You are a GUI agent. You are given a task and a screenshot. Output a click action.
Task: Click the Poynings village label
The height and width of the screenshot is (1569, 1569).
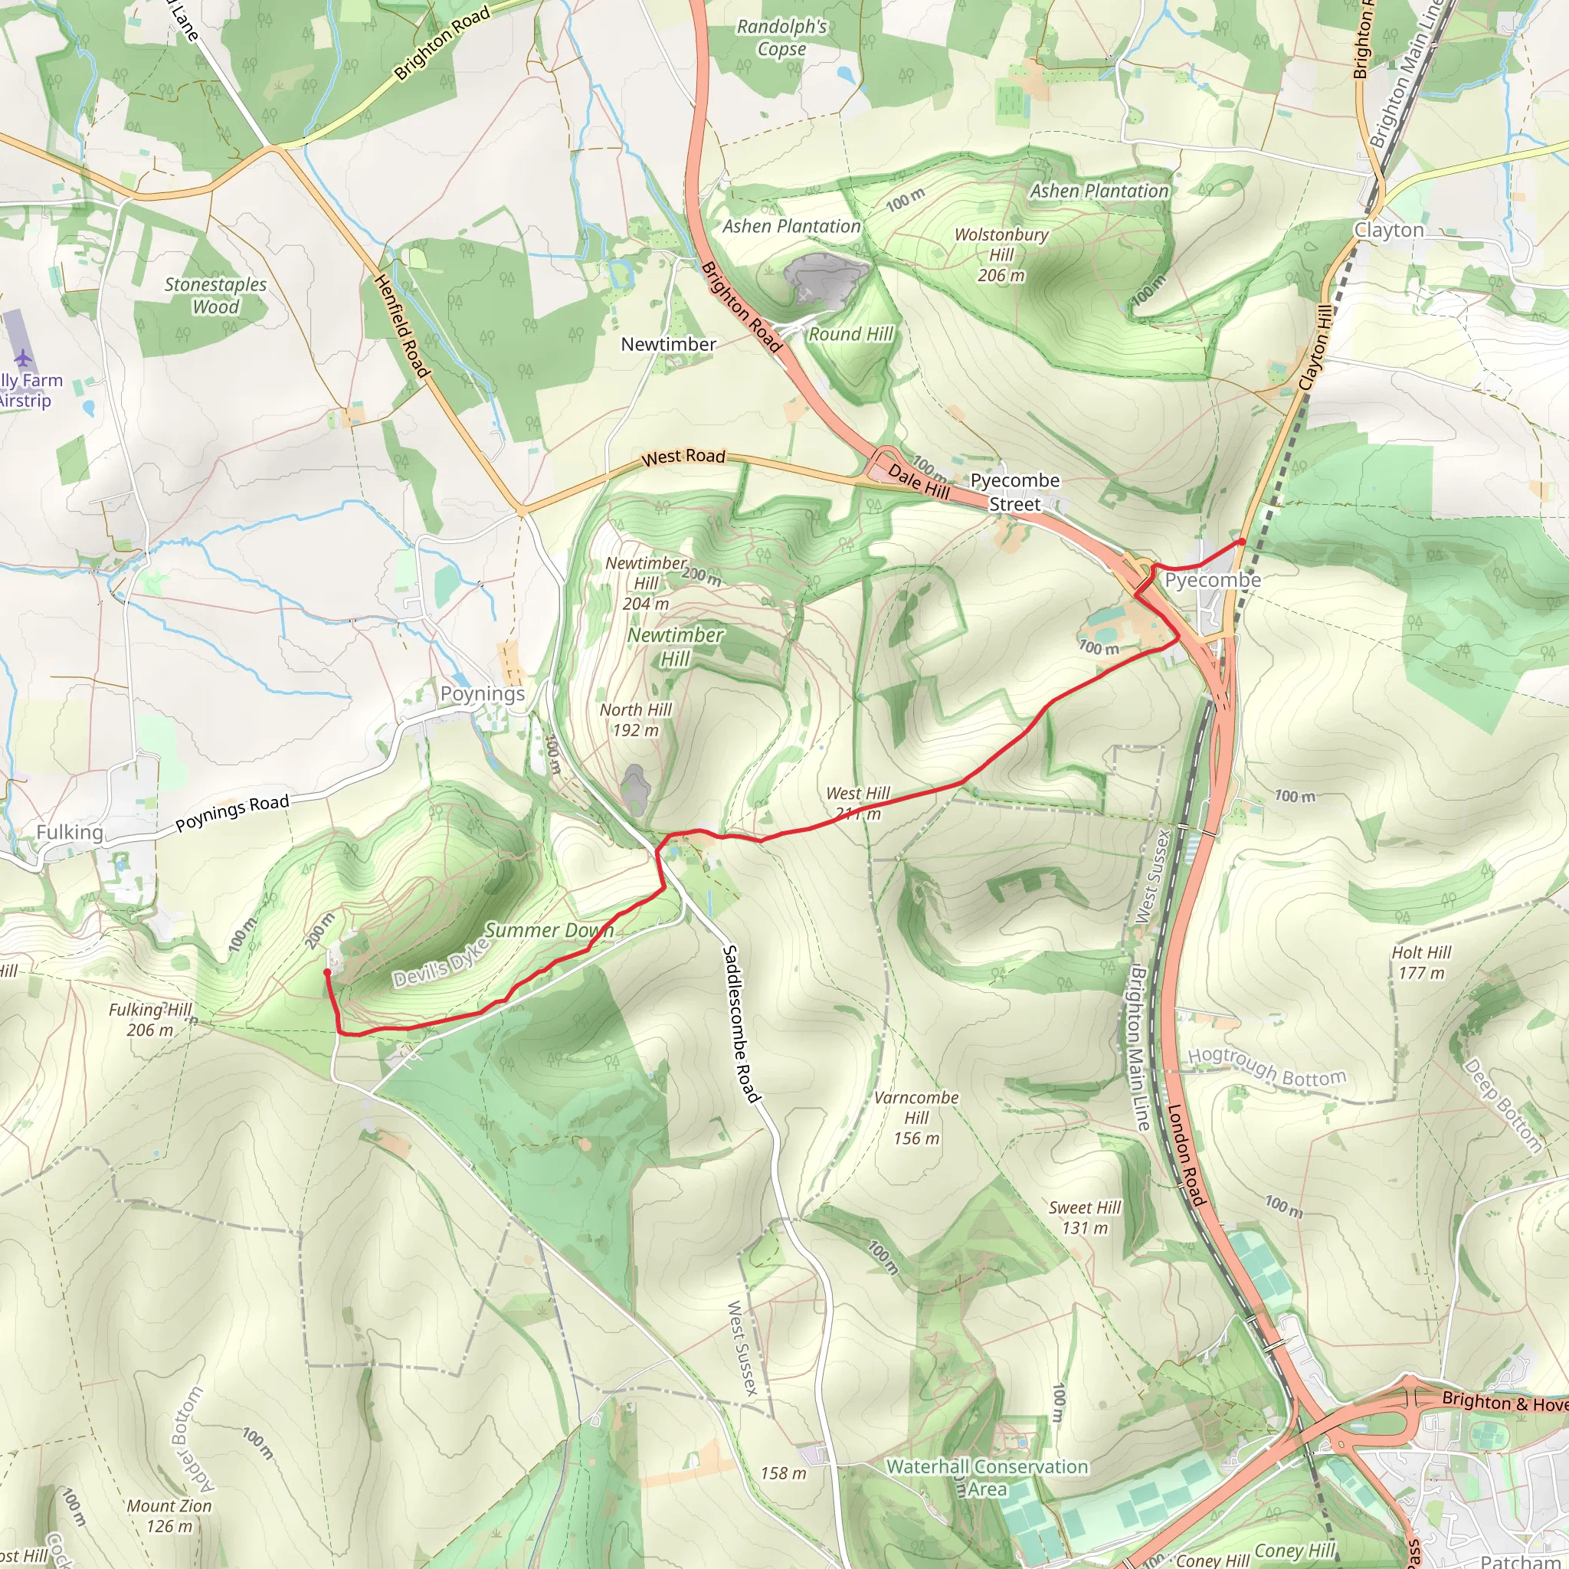click(x=483, y=694)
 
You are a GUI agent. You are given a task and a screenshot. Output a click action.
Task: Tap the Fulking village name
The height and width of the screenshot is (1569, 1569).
click(x=70, y=833)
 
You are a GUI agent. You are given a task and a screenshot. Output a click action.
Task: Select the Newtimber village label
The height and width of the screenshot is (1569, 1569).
click(x=668, y=344)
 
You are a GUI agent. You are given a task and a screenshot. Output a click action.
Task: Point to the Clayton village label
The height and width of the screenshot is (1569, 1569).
click(x=1389, y=231)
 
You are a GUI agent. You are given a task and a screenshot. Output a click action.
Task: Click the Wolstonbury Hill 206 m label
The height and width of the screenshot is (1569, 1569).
click(x=1001, y=255)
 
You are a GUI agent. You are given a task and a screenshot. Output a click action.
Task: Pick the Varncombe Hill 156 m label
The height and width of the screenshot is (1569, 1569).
click(x=916, y=1119)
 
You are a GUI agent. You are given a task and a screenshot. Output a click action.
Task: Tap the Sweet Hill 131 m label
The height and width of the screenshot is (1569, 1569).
click(x=1084, y=1217)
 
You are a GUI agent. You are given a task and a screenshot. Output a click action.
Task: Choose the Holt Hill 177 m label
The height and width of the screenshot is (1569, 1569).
click(x=1421, y=962)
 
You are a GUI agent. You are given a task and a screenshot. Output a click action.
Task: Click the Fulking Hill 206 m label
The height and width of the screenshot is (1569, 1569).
click(x=150, y=1020)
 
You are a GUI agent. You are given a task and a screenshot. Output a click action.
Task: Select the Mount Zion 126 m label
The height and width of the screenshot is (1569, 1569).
click(x=169, y=1516)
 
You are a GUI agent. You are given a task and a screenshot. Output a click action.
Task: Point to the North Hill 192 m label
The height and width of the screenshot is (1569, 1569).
click(x=636, y=719)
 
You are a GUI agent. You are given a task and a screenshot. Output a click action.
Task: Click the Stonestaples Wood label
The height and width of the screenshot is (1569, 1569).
click(x=215, y=296)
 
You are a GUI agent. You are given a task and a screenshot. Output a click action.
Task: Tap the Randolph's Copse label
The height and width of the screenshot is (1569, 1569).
click(x=781, y=38)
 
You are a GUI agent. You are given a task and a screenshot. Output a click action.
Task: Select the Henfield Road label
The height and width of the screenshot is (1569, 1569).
click(x=401, y=326)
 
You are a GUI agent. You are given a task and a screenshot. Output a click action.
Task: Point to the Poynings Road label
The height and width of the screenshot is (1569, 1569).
click(x=232, y=813)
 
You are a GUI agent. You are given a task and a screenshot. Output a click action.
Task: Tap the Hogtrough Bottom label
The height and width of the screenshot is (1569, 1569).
click(x=1267, y=1067)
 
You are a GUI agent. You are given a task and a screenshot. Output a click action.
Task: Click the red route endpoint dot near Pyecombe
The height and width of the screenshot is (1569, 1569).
click(x=1242, y=542)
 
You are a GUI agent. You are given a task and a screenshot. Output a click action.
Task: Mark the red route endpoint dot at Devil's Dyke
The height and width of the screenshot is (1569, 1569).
click(x=327, y=972)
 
